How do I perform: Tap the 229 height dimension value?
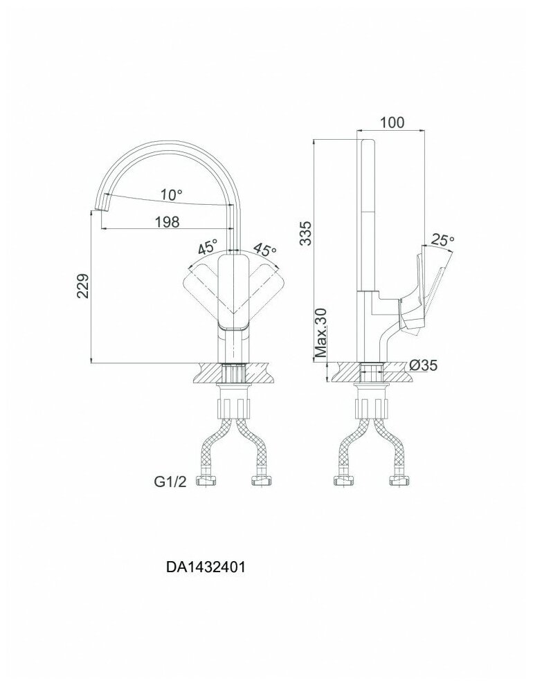pyautogui.click(x=82, y=285)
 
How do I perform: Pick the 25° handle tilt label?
pyautogui.click(x=443, y=240)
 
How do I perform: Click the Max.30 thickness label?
pyautogui.click(x=320, y=334)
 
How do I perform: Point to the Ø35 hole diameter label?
pyautogui.click(x=422, y=365)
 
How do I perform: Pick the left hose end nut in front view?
pyautogui.click(x=205, y=479)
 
